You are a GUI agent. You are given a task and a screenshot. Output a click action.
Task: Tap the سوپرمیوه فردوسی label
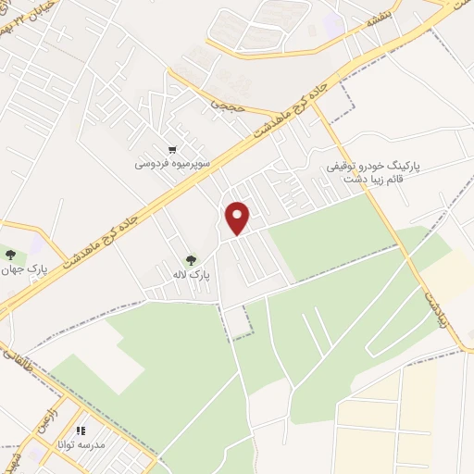[173, 164]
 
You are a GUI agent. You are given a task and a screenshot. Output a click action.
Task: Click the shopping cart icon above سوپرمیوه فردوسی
[172, 150]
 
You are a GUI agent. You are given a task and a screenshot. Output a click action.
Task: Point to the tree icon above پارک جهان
[10, 255]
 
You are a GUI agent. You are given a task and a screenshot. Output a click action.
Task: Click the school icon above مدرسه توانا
[81, 431]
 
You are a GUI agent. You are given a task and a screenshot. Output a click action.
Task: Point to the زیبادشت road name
[436, 304]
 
